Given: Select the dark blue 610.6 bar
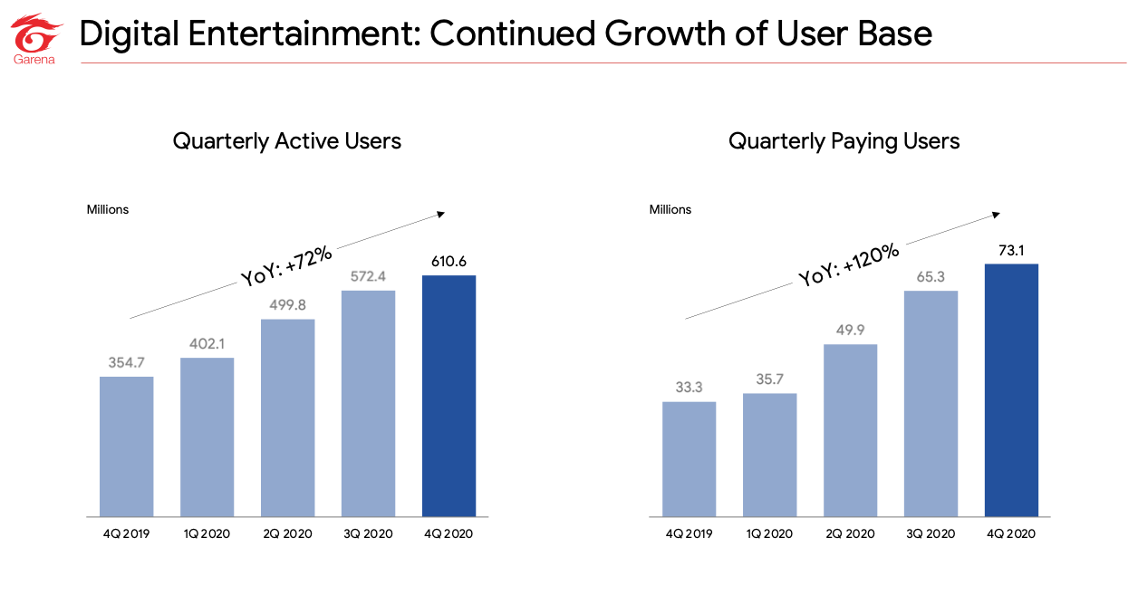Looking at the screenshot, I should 448,396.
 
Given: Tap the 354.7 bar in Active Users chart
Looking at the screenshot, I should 126,446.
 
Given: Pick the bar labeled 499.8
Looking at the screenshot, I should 287,417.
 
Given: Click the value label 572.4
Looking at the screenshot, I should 368,275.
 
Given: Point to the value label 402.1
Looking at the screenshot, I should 207,343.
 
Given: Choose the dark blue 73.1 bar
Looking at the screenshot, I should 1011,390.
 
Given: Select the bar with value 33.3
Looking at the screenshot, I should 689,459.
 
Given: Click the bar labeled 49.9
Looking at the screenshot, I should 850,430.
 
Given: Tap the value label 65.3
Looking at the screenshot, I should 931,275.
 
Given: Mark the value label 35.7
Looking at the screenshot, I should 769,379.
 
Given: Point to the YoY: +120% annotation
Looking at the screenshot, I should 849,264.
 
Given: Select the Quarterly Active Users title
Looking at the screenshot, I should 286,141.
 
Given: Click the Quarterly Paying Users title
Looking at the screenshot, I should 844,141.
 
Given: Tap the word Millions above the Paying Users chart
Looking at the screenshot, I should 670,209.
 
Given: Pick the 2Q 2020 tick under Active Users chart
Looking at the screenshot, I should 287,533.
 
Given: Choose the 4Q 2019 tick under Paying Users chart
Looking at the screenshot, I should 689,533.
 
